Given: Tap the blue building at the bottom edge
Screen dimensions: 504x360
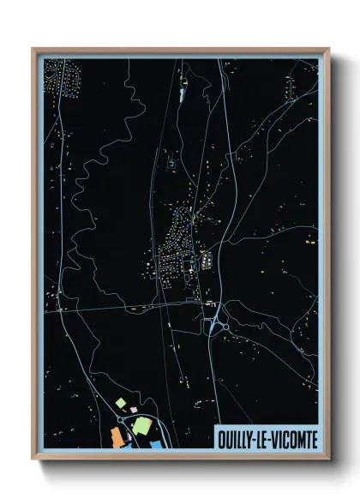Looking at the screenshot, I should (159, 444).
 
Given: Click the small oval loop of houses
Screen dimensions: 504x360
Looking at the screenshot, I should (208, 259).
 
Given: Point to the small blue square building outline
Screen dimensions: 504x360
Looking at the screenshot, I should (171, 162).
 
